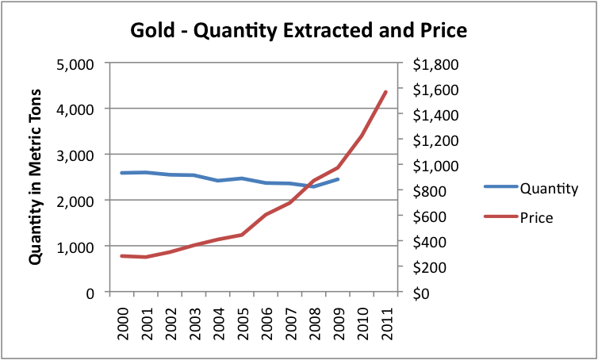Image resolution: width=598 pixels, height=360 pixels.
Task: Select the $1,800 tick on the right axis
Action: click(431, 63)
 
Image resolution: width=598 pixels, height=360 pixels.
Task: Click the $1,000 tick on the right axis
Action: click(431, 166)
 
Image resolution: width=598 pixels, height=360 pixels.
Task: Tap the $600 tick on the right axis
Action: click(426, 216)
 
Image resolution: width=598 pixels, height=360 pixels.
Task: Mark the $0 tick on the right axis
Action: click(420, 293)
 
